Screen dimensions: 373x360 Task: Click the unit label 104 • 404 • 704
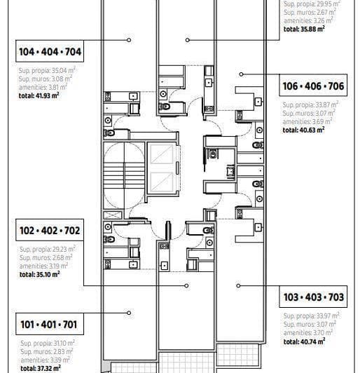pos(50,52)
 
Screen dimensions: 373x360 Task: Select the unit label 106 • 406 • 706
pos(313,87)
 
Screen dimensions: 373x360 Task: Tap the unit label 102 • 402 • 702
pos(50,230)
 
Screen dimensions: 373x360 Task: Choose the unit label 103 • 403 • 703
pos(314,297)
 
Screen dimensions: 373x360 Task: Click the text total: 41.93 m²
pos(39,94)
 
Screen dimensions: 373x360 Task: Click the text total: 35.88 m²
pos(304,29)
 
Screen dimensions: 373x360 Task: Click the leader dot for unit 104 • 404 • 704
pos(130,40)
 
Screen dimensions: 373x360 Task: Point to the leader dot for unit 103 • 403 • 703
pos(238,285)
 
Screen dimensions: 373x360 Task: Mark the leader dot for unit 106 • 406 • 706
pos(242,74)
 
